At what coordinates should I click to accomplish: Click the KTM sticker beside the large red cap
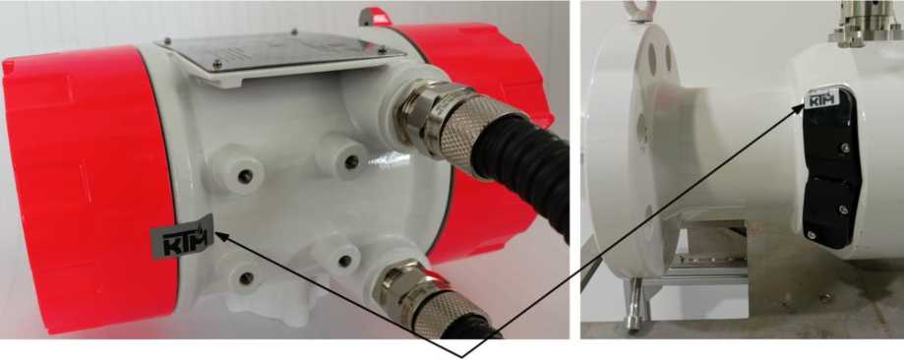(182, 235)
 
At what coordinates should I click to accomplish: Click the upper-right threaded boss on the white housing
(344, 157)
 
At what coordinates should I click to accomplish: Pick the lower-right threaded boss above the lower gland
(343, 260)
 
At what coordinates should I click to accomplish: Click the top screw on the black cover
(845, 149)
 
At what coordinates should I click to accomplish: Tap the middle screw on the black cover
(842, 209)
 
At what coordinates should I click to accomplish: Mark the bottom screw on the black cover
(812, 235)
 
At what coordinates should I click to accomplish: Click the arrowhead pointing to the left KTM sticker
(221, 236)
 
